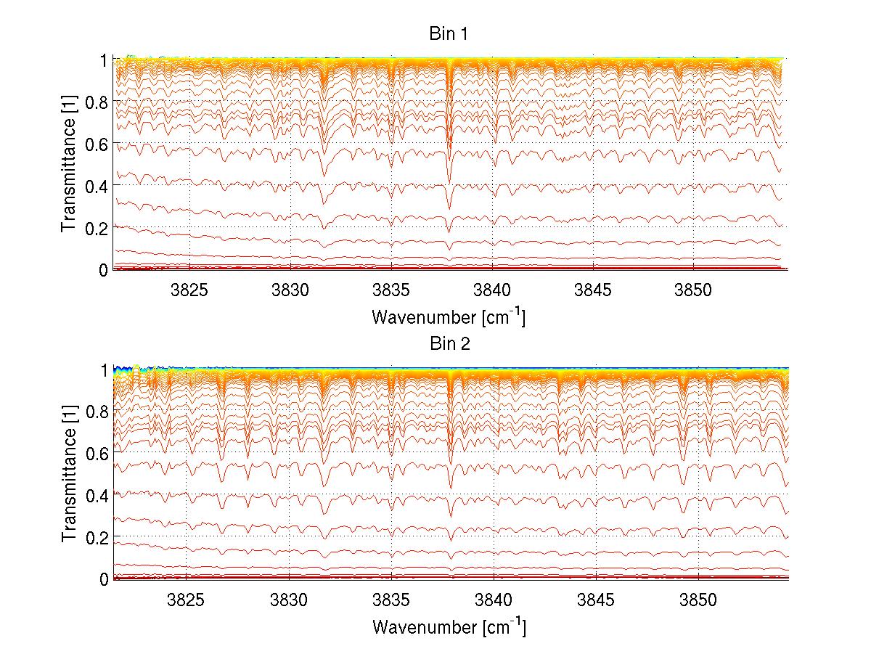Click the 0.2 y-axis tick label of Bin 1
click(96, 227)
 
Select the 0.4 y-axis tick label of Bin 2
click(96, 495)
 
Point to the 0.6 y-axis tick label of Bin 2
click(96, 454)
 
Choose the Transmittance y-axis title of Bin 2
click(70, 474)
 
